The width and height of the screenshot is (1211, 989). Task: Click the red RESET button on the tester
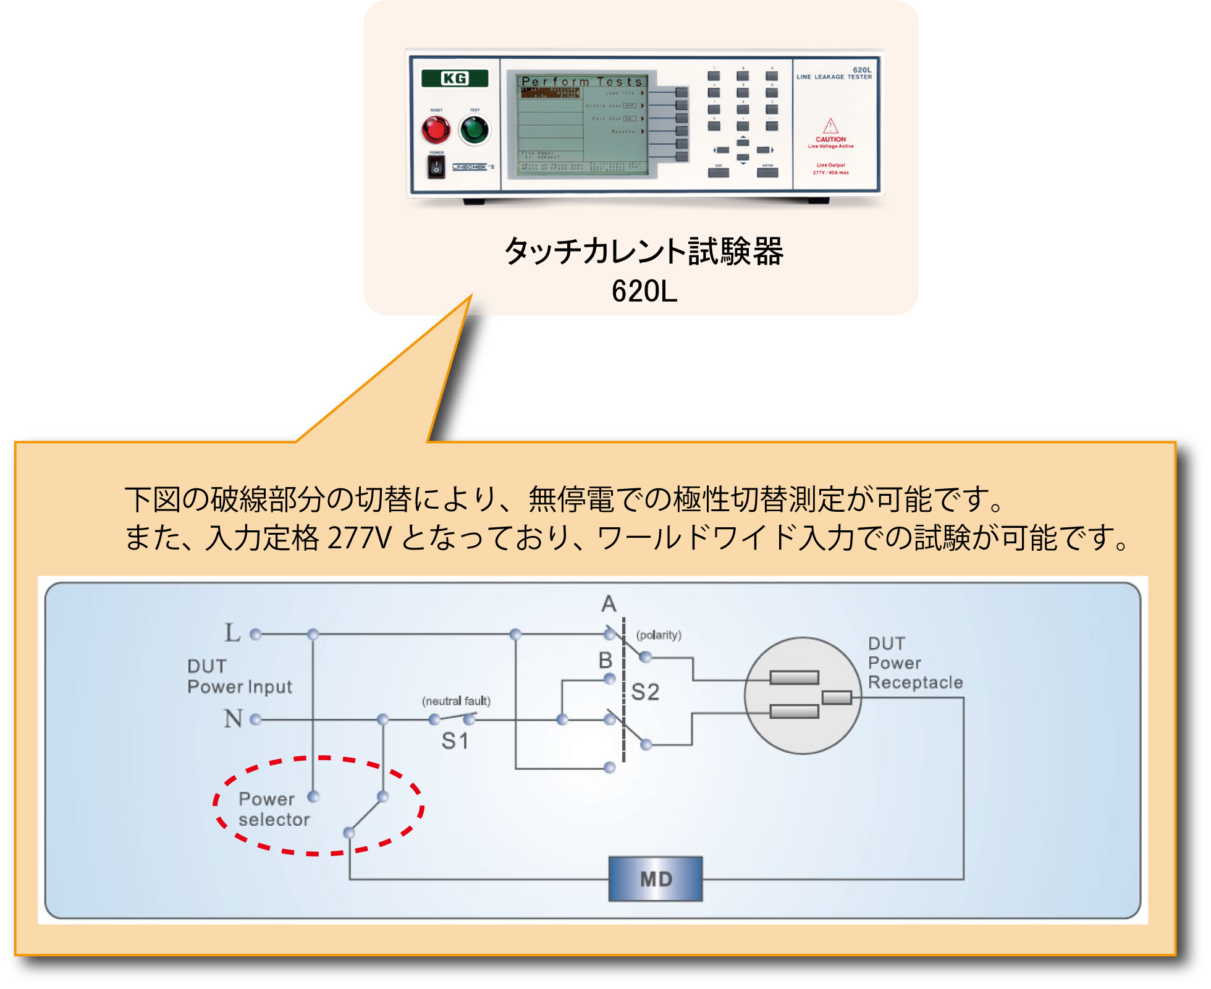436,130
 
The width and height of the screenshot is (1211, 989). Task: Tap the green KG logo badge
455,79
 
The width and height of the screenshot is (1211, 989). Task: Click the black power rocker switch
436,167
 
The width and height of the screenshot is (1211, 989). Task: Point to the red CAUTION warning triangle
830,126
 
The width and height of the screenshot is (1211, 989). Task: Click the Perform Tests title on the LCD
582,82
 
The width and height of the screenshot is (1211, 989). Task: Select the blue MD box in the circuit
656,878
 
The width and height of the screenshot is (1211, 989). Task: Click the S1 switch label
455,741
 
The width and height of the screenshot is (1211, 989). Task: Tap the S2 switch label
646,692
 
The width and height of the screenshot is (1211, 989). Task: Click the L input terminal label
232,633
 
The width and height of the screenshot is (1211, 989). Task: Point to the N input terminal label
233,719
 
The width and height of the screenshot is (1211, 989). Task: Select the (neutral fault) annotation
456,701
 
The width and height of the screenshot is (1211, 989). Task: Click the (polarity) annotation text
659,635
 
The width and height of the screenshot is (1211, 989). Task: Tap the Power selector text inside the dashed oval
274,809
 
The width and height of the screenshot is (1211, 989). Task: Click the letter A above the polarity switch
609,604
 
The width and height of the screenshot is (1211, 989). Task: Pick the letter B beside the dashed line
605,660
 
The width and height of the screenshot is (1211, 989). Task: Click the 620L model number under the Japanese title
644,291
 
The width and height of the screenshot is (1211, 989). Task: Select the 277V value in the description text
359,538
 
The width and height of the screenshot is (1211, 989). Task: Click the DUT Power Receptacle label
914,663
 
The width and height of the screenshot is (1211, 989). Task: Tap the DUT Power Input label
240,677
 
